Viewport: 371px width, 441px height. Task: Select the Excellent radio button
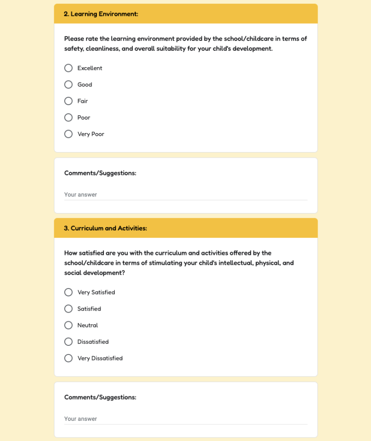(69, 68)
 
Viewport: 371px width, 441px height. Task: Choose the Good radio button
(69, 84)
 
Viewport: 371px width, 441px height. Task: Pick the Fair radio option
(69, 101)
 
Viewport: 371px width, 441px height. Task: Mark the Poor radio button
(69, 118)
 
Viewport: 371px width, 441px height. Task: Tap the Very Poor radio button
(69, 134)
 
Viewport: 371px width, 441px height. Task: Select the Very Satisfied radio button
(69, 292)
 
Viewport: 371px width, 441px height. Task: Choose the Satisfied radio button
(69, 309)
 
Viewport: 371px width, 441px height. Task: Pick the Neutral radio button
(69, 325)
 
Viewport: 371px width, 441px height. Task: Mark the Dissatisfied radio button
(69, 342)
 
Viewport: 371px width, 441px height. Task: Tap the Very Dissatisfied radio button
(69, 358)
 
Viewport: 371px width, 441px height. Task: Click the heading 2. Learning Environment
(101, 14)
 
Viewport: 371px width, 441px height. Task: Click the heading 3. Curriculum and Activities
(105, 228)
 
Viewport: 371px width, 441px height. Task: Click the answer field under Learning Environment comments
(185, 195)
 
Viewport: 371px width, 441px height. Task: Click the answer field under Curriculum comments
(185, 419)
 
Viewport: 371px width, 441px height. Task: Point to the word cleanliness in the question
(102, 49)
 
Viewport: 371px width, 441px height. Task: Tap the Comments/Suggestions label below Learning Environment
(100, 173)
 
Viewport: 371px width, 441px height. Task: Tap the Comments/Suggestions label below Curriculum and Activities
(100, 397)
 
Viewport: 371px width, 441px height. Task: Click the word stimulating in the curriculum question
(164, 263)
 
